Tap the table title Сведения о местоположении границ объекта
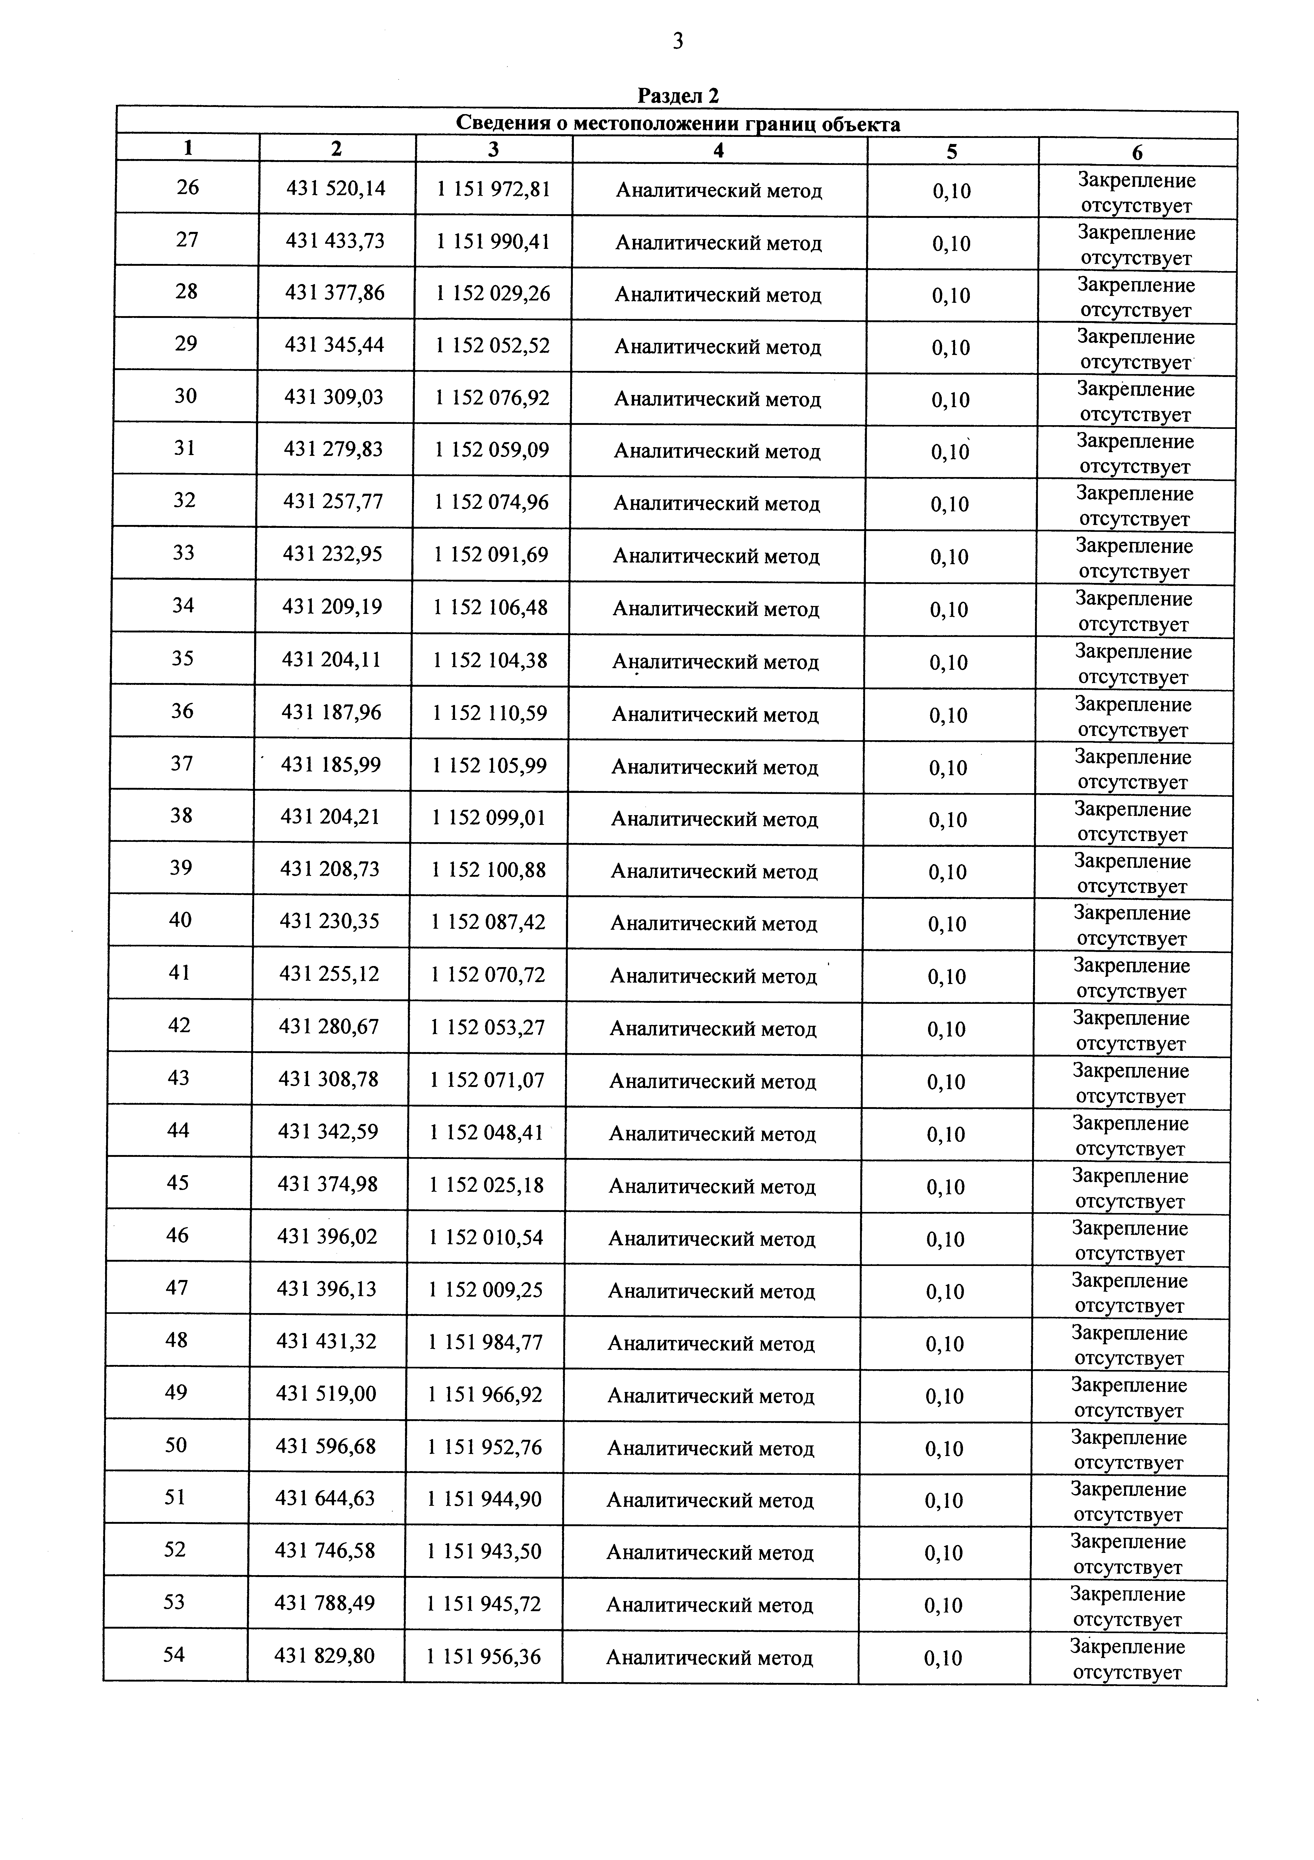pyautogui.click(x=678, y=124)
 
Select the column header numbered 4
pyautogui.click(x=719, y=151)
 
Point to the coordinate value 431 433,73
pyautogui.click(x=335, y=241)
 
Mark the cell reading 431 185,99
pyautogui.click(x=331, y=765)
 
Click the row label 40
pyautogui.click(x=181, y=920)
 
